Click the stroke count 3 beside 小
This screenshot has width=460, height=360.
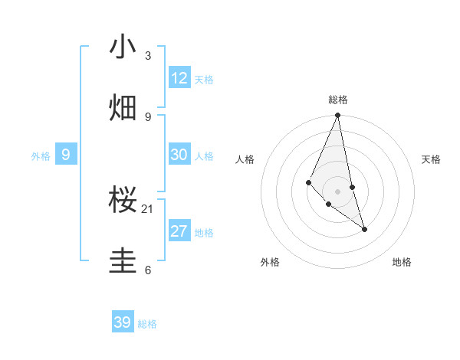click(x=148, y=56)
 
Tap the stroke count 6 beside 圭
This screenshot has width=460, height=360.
click(x=148, y=270)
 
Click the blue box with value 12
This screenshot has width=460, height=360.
click(x=179, y=78)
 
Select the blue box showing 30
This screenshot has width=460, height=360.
click(x=179, y=155)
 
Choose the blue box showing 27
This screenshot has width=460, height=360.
click(x=179, y=231)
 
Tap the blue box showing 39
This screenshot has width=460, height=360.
click(x=123, y=322)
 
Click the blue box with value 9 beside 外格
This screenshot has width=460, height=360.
click(x=66, y=155)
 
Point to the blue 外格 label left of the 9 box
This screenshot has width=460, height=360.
click(x=41, y=156)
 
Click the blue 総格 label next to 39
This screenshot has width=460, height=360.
click(x=148, y=324)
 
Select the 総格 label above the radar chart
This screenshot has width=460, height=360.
click(x=338, y=100)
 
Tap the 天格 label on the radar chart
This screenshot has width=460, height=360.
click(x=432, y=159)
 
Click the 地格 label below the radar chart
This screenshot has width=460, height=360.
click(x=402, y=262)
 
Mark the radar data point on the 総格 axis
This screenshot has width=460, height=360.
click(x=337, y=116)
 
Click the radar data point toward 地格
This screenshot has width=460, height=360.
click(x=364, y=229)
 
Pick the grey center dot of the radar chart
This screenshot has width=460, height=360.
click(x=337, y=191)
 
